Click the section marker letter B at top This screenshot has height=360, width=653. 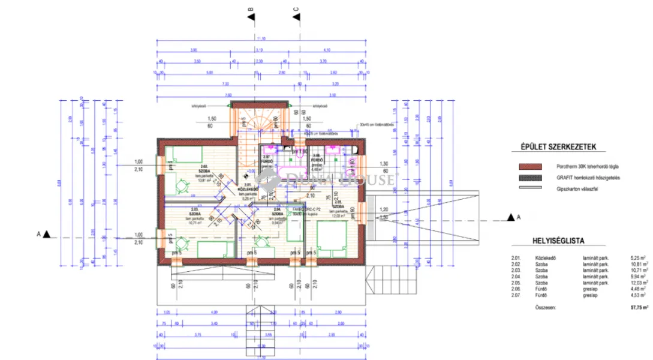[x=251, y=9]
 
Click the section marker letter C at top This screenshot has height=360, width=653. [x=296, y=9]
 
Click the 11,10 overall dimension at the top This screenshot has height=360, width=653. [x=260, y=39]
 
